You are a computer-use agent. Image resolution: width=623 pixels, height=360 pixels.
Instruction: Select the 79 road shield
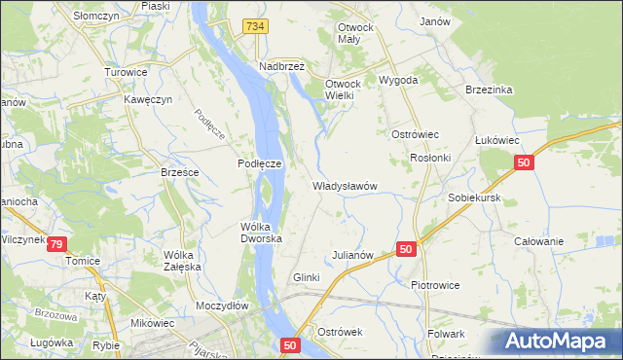[x=58, y=243]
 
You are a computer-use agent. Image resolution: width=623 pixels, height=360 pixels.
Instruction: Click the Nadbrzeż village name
[x=282, y=66]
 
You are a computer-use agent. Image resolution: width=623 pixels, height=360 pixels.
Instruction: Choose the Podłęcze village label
[x=260, y=164]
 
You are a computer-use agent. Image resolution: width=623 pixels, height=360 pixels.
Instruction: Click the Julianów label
[x=353, y=255]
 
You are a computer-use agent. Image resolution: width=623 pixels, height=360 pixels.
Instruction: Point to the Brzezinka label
[x=489, y=90]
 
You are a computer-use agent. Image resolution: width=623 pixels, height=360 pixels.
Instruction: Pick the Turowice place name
[x=126, y=72]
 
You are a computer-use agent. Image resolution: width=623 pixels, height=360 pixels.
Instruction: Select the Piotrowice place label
[x=435, y=285]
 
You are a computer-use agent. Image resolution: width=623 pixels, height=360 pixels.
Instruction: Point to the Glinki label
[x=307, y=277]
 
